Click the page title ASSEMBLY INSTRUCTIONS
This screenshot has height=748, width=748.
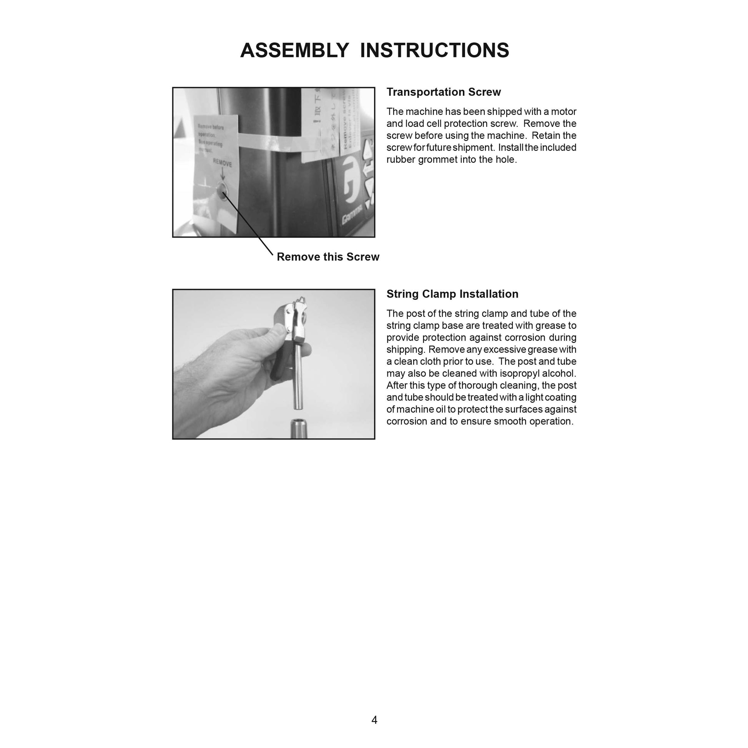pyautogui.click(x=374, y=50)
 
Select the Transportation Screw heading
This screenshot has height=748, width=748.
pyautogui.click(x=443, y=92)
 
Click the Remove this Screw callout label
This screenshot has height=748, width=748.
pyautogui.click(x=327, y=257)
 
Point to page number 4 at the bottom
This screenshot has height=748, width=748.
pyautogui.click(x=374, y=720)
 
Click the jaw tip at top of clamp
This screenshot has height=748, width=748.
pyautogui.click(x=301, y=301)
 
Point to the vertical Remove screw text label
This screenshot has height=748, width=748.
pyautogui.click(x=346, y=124)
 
